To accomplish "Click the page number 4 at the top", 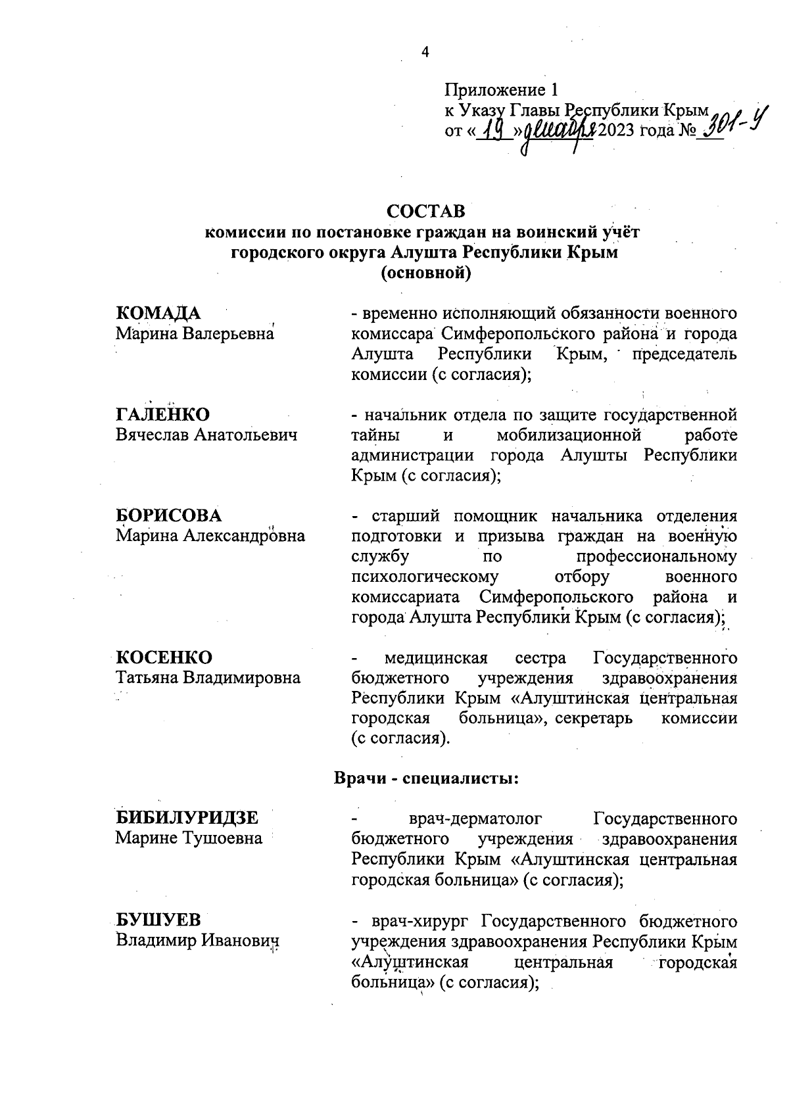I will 425,53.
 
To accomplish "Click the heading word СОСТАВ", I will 425,211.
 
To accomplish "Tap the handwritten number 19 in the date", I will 489,131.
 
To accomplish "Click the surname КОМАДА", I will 158,313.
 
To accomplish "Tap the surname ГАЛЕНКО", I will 162,414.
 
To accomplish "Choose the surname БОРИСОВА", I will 168,515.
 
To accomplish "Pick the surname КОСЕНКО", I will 164,657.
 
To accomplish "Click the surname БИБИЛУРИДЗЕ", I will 187,818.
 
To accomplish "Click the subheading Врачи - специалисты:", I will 427,778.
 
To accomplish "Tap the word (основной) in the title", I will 426,273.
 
